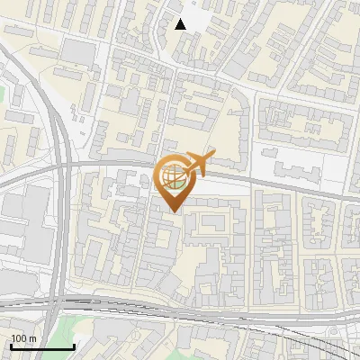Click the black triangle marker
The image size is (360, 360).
[x=181, y=24]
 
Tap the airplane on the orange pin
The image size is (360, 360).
[x=196, y=164]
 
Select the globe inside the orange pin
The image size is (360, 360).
[x=173, y=175]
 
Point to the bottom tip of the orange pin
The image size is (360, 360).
[x=173, y=211]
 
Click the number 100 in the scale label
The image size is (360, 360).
[x=19, y=338]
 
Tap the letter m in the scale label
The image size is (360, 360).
[x=32, y=338]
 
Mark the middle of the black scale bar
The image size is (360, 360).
[x=42, y=346]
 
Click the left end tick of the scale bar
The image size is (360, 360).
[x=12, y=346]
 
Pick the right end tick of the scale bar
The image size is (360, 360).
[x=74, y=346]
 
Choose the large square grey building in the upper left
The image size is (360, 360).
[x=78, y=51]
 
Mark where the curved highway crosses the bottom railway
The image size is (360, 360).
[x=56, y=301]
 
